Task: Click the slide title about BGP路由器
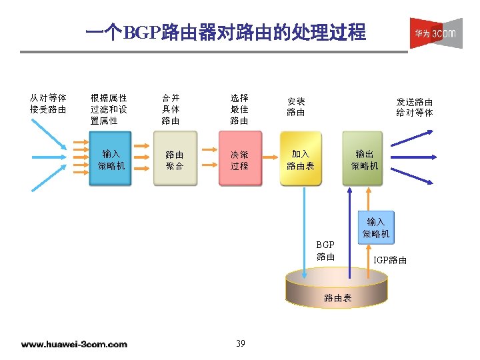click(x=226, y=32)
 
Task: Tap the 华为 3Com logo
click(x=435, y=33)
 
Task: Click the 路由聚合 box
click(x=175, y=160)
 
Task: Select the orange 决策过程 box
click(x=239, y=160)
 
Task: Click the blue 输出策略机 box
click(x=365, y=160)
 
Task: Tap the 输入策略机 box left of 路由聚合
click(x=111, y=160)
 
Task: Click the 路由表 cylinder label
click(x=337, y=298)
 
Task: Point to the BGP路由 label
click(x=326, y=251)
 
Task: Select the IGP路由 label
click(x=390, y=260)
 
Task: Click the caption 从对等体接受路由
click(x=48, y=103)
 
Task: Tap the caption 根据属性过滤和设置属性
click(x=109, y=109)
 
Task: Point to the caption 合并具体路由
click(x=171, y=109)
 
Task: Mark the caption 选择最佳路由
click(x=239, y=109)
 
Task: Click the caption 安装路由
click(x=296, y=107)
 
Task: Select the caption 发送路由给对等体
click(x=414, y=107)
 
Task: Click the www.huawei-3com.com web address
click(x=74, y=344)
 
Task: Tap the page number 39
click(x=241, y=343)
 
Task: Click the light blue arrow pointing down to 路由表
click(x=304, y=233)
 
